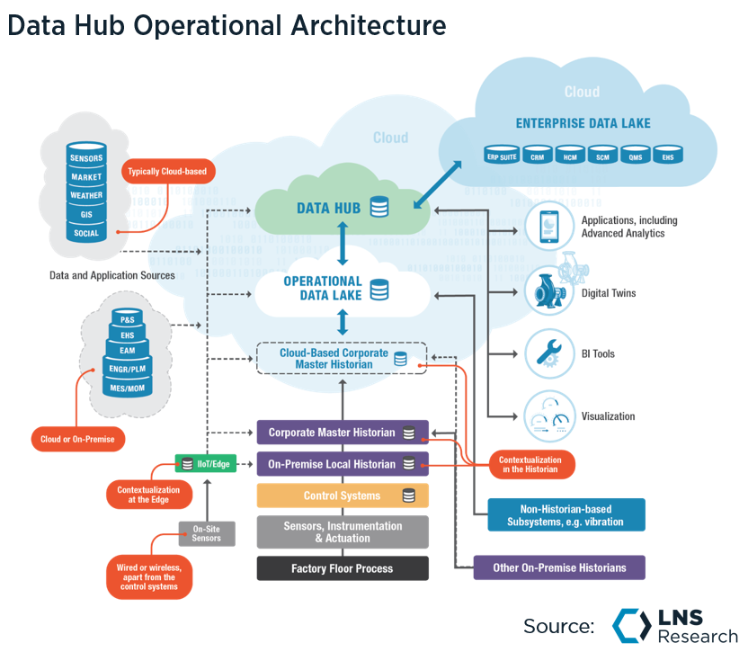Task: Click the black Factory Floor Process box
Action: click(x=342, y=568)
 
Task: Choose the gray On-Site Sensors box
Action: click(x=206, y=533)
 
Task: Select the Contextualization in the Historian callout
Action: click(x=530, y=464)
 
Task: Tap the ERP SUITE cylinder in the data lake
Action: click(x=502, y=154)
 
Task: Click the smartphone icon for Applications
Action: click(x=547, y=227)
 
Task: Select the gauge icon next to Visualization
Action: click(x=547, y=415)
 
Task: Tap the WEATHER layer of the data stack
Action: click(x=86, y=195)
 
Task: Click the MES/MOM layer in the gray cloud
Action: click(x=128, y=389)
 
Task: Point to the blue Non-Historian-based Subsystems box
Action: click(x=565, y=514)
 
